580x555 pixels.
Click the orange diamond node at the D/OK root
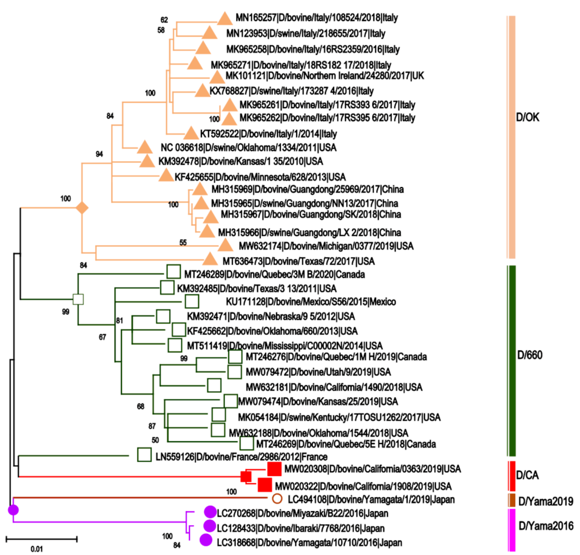tap(82, 208)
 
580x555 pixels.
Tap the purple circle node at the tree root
tap(13, 510)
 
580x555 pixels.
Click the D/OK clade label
tap(527, 118)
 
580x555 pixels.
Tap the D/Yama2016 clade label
tap(546, 526)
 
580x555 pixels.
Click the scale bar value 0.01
tap(37, 549)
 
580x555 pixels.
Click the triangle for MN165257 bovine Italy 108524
tap(225, 19)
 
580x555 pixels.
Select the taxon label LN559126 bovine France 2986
tap(241, 457)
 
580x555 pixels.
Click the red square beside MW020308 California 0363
tap(274, 469)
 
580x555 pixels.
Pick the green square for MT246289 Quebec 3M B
tap(174, 272)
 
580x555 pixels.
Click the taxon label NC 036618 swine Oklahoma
tap(248, 147)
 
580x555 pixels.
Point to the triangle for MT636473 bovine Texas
tap(210, 259)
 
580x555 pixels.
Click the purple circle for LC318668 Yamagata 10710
tap(206, 540)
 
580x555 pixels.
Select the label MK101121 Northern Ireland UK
tap(325, 76)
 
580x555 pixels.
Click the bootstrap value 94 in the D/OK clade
tap(99, 154)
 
